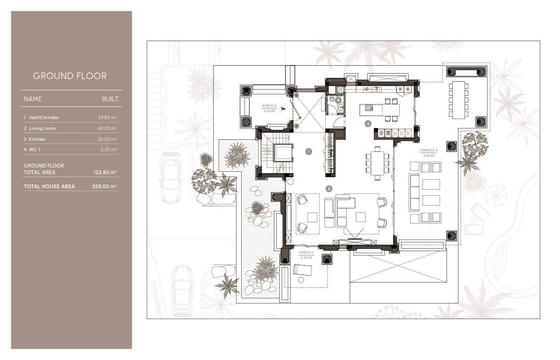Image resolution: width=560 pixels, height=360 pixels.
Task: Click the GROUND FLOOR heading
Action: [x=70, y=76]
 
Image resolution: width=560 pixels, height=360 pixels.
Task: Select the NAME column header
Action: [x=32, y=99]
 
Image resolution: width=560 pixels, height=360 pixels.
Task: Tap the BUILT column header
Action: [x=110, y=99]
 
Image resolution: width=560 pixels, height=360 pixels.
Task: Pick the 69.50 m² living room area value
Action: [x=108, y=128]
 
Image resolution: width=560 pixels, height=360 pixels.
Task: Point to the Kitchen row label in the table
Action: [x=37, y=139]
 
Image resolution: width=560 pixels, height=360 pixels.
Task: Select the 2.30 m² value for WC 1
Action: [x=109, y=150]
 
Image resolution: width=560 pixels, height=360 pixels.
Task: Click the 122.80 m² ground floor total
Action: [x=105, y=173]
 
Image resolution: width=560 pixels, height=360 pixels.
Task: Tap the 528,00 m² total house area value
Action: [x=105, y=186]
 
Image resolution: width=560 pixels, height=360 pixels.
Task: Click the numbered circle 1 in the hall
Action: [x=308, y=152]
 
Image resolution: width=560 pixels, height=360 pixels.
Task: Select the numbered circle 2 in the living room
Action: [x=329, y=189]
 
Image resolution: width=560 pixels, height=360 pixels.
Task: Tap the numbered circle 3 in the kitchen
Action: [x=368, y=124]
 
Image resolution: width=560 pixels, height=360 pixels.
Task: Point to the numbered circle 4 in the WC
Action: [x=338, y=100]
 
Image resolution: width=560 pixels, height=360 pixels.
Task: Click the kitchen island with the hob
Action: [x=379, y=109]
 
